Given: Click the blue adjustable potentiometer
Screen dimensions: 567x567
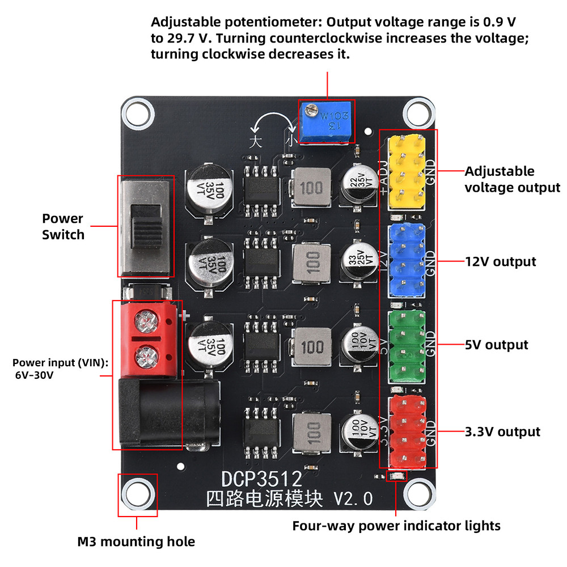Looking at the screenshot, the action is [326, 122].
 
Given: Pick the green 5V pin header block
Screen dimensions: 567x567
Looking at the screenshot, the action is [407, 346].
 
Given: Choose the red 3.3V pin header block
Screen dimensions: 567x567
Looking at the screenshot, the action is [407, 431].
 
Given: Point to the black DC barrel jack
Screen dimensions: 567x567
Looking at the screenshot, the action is [168, 413].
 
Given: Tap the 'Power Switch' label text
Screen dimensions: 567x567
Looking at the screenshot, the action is [63, 226].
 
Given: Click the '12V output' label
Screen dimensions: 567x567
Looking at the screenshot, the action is [500, 261].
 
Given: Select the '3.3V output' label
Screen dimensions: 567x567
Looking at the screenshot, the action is [502, 431].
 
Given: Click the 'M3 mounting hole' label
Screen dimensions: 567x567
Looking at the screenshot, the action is [136, 541].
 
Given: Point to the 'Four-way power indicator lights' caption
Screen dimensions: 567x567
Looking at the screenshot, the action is [396, 526].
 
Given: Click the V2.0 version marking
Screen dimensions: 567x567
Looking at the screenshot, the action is [353, 499].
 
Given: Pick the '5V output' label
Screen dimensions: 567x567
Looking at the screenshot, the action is [496, 345].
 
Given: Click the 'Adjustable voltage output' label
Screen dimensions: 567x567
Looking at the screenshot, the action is [512, 179].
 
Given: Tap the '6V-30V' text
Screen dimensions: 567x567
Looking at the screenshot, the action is [35, 375].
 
